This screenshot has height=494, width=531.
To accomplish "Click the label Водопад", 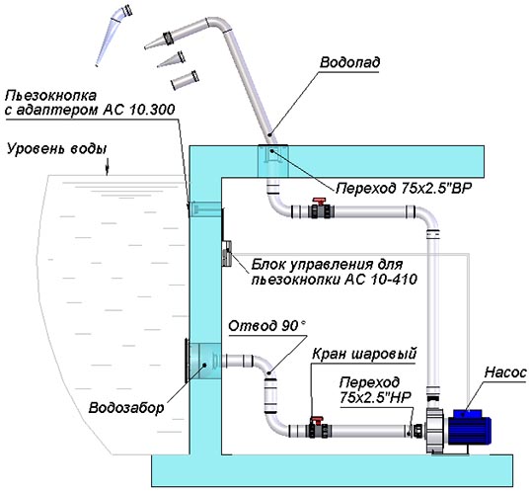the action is tap(349, 63).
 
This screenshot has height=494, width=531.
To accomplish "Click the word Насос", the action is tap(505, 372).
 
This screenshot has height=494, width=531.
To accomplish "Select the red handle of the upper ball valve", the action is tap(319, 202).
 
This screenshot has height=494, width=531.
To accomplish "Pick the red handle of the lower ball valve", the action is tap(317, 420).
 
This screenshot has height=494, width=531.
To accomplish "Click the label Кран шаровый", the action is tap(364, 354).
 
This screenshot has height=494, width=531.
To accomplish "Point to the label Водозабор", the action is tap(126, 408).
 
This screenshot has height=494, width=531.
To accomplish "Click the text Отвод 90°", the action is tap(266, 326).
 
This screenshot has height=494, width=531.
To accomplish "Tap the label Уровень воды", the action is tap(57, 149).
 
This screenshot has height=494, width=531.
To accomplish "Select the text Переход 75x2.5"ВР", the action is tap(404, 188).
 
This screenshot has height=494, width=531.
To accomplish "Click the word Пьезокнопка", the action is tap(50, 95).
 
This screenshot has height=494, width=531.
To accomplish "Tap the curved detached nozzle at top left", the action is tap(114, 34).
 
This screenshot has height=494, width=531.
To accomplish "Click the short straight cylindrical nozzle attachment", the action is tap(185, 80).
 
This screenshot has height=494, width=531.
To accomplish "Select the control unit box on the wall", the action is tap(227, 253).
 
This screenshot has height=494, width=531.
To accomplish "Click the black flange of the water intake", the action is tap(187, 361).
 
